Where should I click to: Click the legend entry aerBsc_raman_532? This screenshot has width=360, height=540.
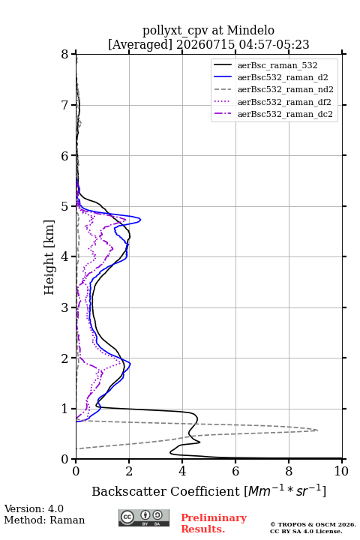(277, 65)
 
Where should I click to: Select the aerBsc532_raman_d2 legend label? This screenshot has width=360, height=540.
(283, 77)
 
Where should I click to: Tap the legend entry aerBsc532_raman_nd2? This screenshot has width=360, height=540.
(285, 89)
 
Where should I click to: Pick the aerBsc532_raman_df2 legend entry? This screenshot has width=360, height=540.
(283, 102)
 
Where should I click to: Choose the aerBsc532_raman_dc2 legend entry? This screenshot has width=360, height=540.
(285, 114)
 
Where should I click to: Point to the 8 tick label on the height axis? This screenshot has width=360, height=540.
(65, 55)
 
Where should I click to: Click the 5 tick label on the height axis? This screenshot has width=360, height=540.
(65, 206)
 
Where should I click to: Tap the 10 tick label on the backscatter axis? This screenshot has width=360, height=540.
(341, 471)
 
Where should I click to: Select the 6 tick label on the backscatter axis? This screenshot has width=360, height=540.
(235, 471)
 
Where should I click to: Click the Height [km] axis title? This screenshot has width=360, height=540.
(49, 257)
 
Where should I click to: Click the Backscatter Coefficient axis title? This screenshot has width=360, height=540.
(208, 491)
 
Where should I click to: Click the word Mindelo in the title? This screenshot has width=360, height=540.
(250, 30)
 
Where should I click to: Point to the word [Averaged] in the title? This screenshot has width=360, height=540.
(139, 44)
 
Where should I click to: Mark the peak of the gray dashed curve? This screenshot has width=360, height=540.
(317, 430)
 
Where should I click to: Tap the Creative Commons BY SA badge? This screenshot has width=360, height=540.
(144, 517)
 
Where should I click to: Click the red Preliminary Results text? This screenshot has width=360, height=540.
(214, 523)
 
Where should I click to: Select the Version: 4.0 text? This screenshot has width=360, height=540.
(34, 508)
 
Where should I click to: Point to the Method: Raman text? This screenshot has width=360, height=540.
(44, 520)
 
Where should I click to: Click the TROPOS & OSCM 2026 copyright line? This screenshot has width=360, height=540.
(313, 524)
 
